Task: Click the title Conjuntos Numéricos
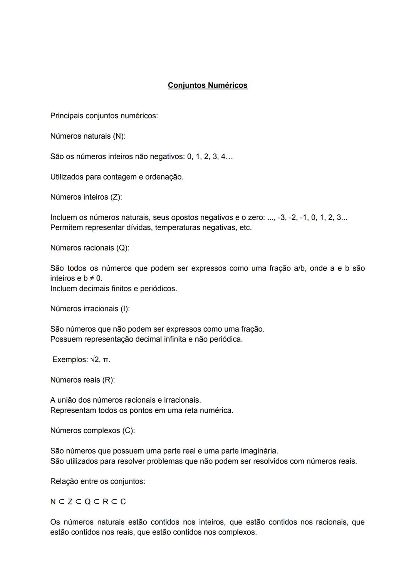click(x=208, y=85)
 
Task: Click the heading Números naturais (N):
click(x=88, y=136)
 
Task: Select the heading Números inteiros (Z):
click(x=86, y=197)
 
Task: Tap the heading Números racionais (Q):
click(x=89, y=248)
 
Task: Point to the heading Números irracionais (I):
click(x=90, y=309)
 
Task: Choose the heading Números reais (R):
click(x=82, y=380)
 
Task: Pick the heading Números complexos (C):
click(x=92, y=430)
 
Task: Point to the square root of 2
click(x=95, y=360)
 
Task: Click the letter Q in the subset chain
click(x=87, y=502)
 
